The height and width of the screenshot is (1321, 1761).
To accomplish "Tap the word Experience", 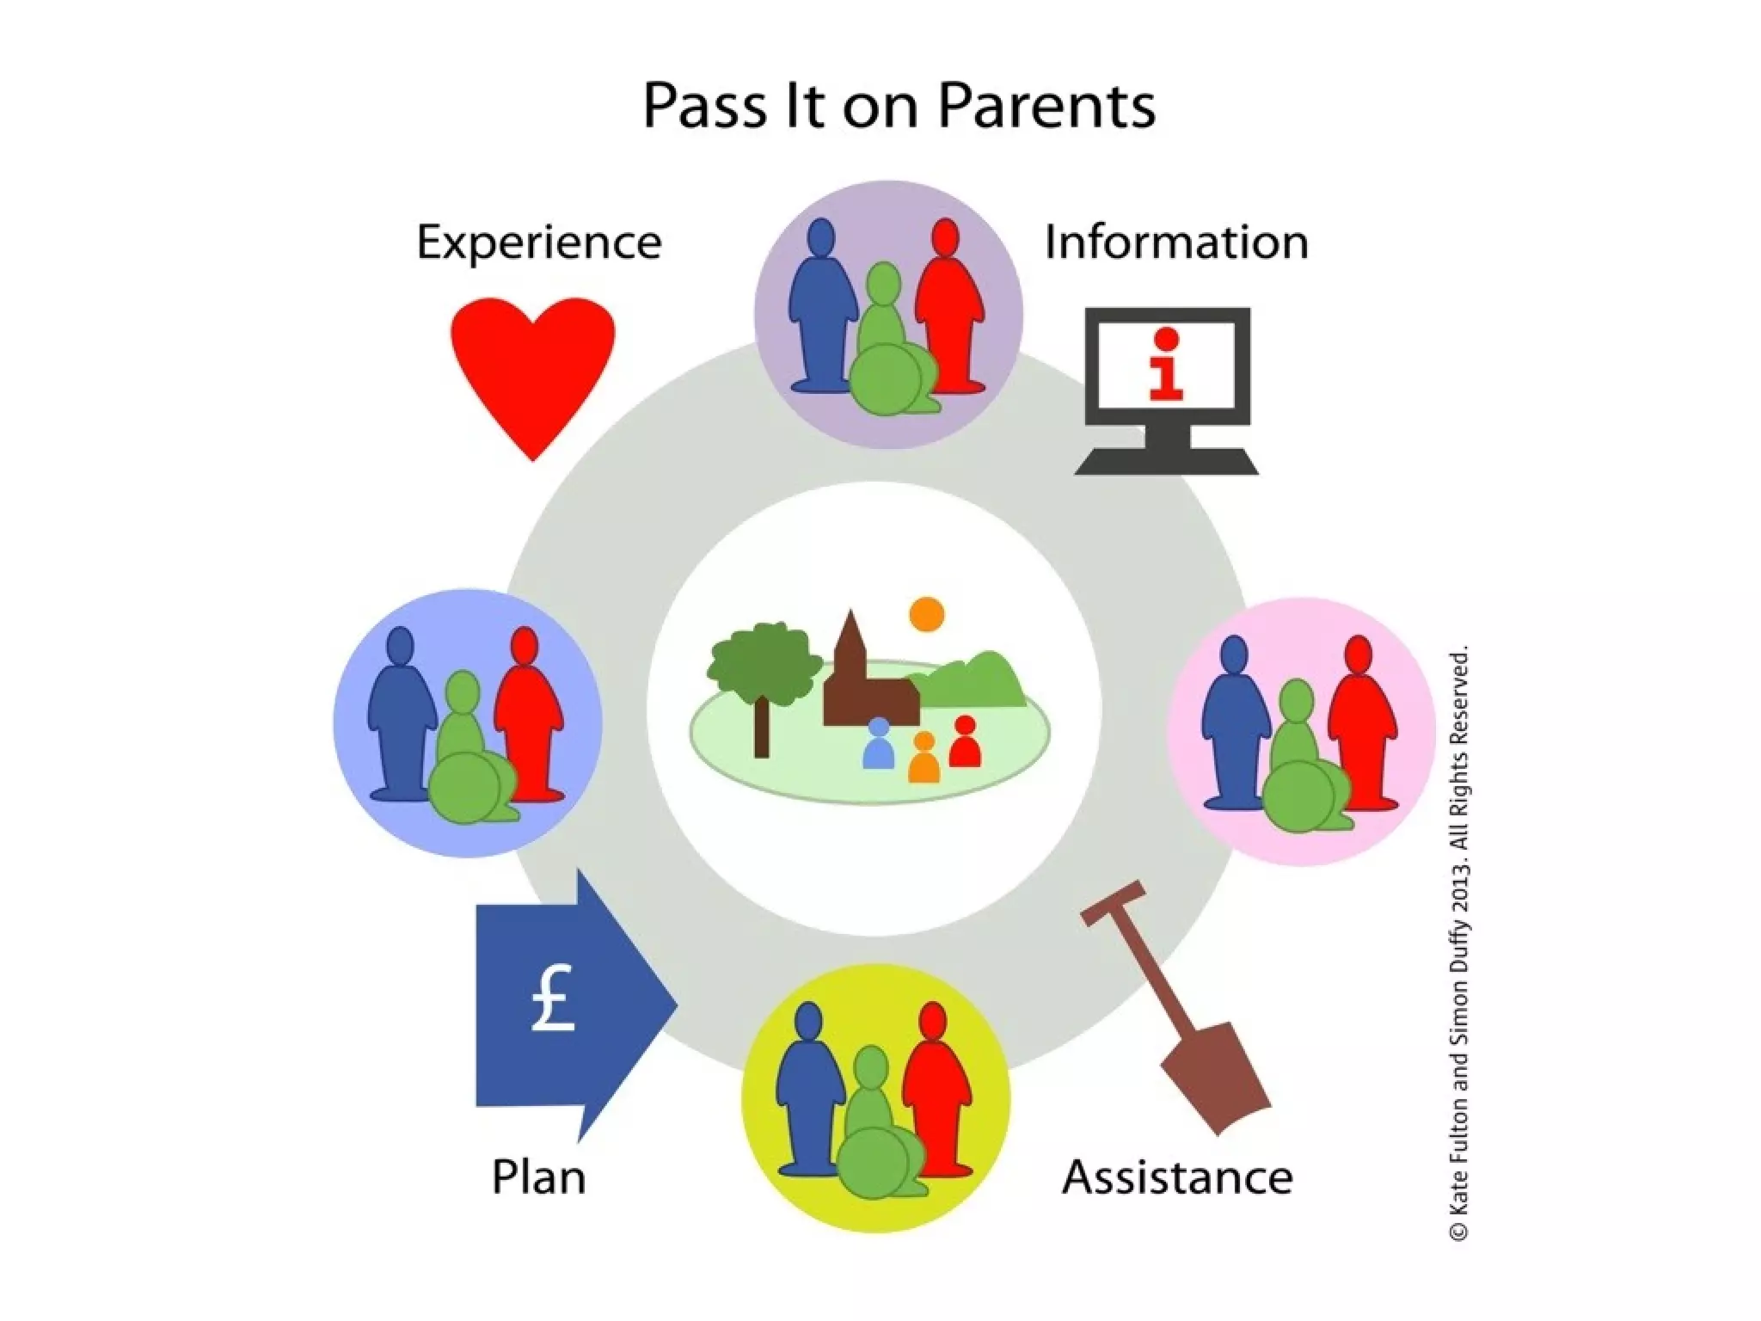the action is (x=539, y=243).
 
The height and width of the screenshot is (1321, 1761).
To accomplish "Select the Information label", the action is (x=1175, y=242).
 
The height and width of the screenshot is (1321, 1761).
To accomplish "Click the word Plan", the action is (x=538, y=1177).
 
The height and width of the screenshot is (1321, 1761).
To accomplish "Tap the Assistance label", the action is (x=1177, y=1177).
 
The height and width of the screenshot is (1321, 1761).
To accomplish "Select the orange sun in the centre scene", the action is (x=927, y=614).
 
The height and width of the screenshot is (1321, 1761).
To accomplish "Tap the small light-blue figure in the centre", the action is (x=878, y=746).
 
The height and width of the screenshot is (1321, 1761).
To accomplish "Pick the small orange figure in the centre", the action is (x=924, y=759).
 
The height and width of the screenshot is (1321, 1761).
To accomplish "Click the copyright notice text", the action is (x=1459, y=943).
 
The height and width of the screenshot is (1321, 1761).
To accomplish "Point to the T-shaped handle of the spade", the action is (x=1113, y=904).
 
